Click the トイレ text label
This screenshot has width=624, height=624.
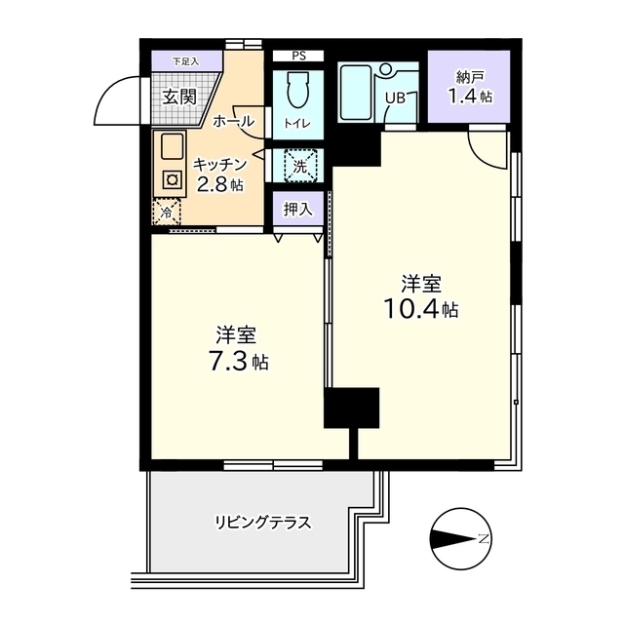coord(298,124)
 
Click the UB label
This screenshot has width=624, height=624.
coord(396,97)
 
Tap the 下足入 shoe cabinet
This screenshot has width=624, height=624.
coord(185,60)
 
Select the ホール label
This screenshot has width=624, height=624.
coord(233,122)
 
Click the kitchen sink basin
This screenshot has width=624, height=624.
coord(173,148)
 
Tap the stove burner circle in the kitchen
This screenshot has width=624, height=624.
coord(172,179)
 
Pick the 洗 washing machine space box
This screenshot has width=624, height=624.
coord(300,165)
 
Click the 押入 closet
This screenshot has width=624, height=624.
coord(298,208)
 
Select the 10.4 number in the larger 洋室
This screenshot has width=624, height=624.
coord(410,309)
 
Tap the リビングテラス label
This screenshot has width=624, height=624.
coord(263,522)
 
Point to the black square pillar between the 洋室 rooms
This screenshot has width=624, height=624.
coord(351,408)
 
